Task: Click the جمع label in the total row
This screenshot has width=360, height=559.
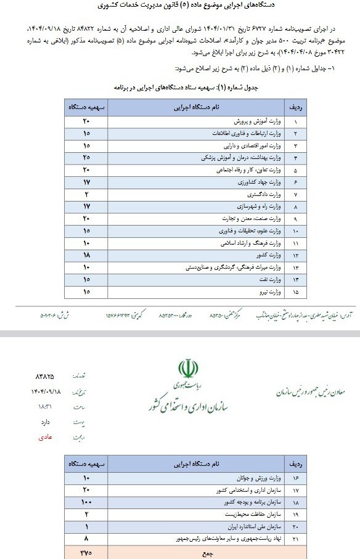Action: pyautogui.click(x=210, y=553)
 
